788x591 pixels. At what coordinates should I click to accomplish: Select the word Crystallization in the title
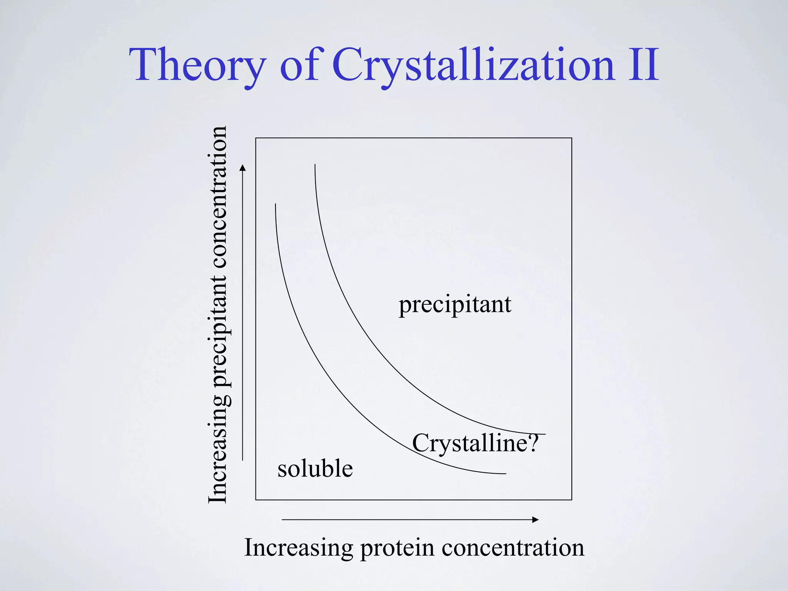point(473,65)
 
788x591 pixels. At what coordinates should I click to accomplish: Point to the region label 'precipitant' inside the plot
point(455,305)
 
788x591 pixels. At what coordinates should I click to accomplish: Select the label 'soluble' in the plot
point(315,469)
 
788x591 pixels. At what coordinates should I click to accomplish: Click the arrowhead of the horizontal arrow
point(536,520)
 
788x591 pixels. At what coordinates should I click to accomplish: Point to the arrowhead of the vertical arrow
point(242,167)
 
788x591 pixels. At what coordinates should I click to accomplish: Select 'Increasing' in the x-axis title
point(299,548)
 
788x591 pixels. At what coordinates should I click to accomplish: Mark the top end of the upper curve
point(315,165)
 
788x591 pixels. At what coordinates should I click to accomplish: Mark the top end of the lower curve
point(275,204)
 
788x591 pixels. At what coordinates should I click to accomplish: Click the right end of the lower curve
point(505,474)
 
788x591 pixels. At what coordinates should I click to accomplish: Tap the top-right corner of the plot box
point(572,138)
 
